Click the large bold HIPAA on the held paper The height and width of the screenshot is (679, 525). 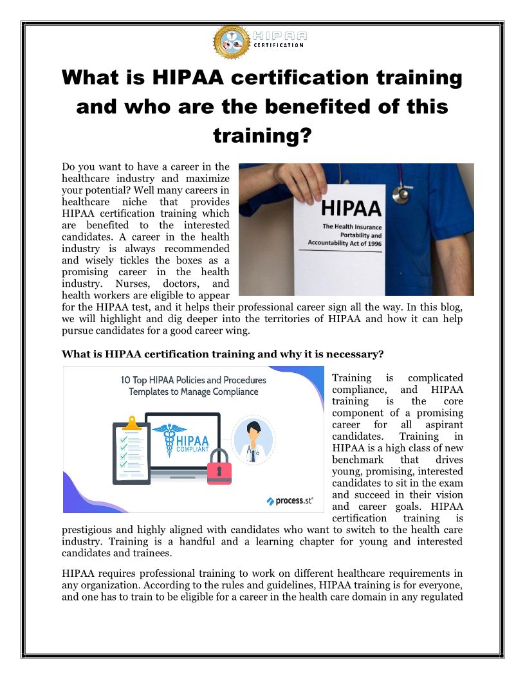click(351, 208)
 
